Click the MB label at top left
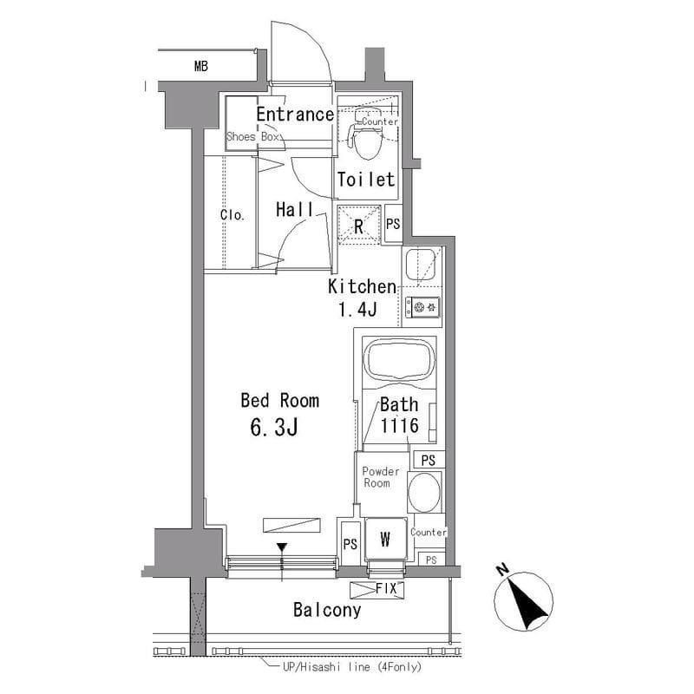coord(201,67)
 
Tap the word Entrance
coord(295,115)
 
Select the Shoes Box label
coord(252,136)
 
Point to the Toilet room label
coord(366,180)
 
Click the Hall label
coord(295,209)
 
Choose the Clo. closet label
coord(232,215)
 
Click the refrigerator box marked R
coord(359,225)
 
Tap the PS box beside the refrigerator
coord(393,224)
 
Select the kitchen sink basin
coord(421,265)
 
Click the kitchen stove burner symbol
coord(422,307)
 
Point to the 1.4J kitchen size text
coord(357,309)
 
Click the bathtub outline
coord(399,359)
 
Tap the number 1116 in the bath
coord(400,426)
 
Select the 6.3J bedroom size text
coord(274,427)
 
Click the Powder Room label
coord(380,477)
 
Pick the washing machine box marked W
coord(385,539)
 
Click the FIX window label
coord(386,589)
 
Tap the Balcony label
coord(327,610)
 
